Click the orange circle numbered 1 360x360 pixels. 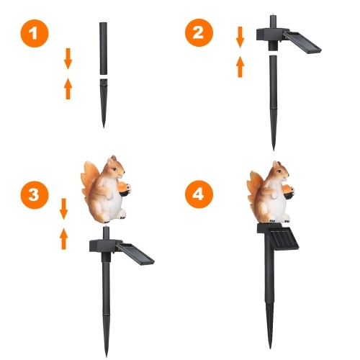tap(35, 33)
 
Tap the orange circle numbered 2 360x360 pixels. tap(199, 32)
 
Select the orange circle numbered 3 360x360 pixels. tap(35, 194)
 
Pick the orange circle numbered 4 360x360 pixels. tap(199, 194)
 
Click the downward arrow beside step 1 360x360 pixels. tap(68, 59)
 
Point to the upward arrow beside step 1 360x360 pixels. tap(68, 89)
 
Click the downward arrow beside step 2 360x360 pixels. tap(240, 37)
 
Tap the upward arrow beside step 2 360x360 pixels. tap(240, 67)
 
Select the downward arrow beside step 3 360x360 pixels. tap(63, 209)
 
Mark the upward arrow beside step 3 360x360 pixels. tap(63, 239)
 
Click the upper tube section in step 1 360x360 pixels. tap(104, 48)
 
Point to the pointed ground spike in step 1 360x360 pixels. tap(104, 103)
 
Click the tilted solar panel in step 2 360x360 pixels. tap(302, 42)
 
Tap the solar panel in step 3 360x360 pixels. tap(135, 254)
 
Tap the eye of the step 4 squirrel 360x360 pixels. tap(279, 171)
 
